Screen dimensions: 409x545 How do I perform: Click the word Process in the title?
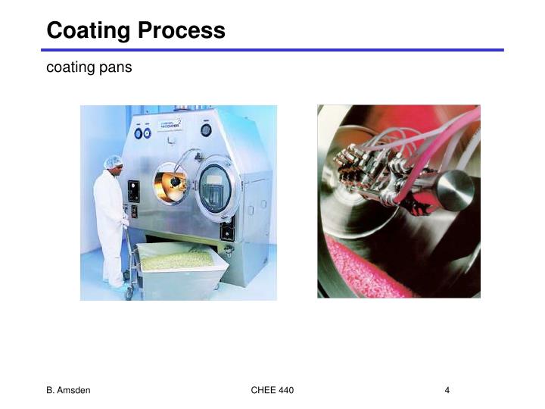(185, 30)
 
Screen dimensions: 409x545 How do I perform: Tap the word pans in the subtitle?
(115, 67)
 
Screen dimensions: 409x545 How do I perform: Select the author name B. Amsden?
(69, 390)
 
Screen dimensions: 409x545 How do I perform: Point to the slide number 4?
(447, 390)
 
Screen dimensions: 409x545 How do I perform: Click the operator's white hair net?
(114, 161)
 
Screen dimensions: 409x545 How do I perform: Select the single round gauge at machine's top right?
(206, 130)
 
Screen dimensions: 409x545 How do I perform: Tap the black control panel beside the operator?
(134, 191)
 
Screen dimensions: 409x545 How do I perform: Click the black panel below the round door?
(226, 228)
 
